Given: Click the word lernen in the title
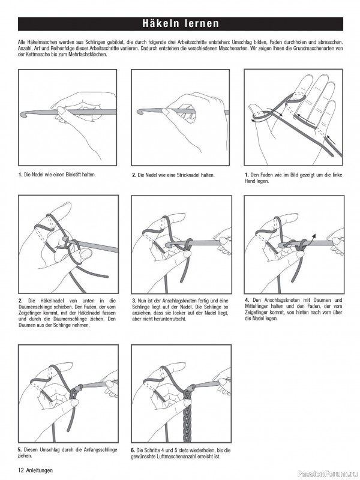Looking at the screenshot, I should click(x=199, y=24).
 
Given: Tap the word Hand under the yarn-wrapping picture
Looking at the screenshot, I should click(x=251, y=181).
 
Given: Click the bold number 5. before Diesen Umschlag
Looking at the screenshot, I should click(x=20, y=449).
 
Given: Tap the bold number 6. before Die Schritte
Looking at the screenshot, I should click(x=133, y=449).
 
